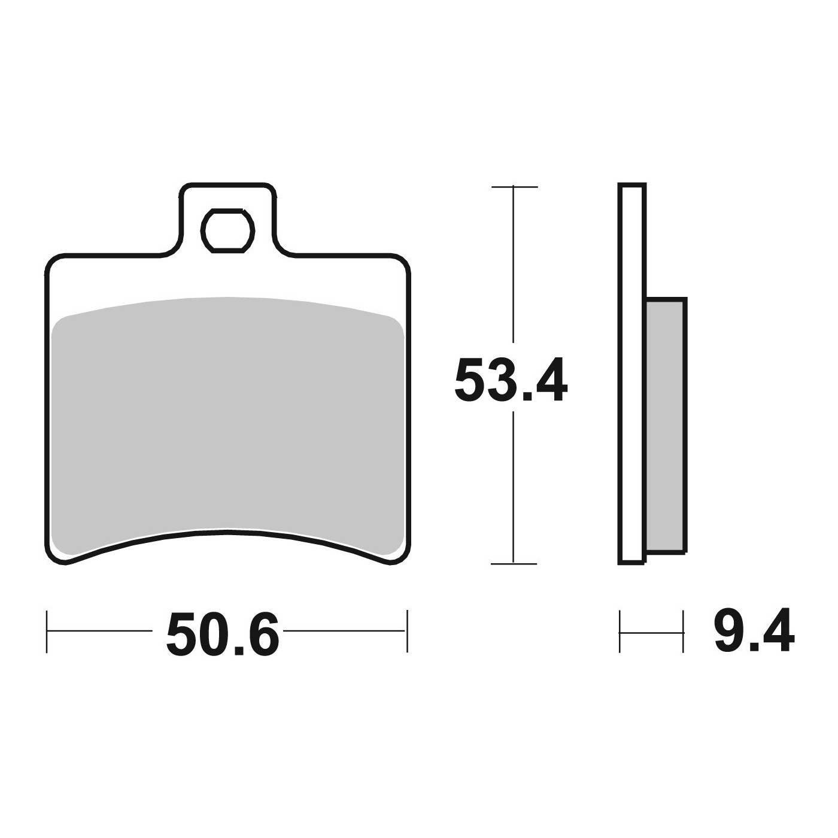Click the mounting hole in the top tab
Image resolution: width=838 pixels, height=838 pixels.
point(227,230)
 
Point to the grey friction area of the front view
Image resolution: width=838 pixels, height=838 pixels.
point(228,417)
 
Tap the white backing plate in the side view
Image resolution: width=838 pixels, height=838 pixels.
point(632,374)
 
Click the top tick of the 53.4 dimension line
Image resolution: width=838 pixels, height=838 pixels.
point(514,187)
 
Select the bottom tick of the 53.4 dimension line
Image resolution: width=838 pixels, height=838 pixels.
point(514,564)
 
